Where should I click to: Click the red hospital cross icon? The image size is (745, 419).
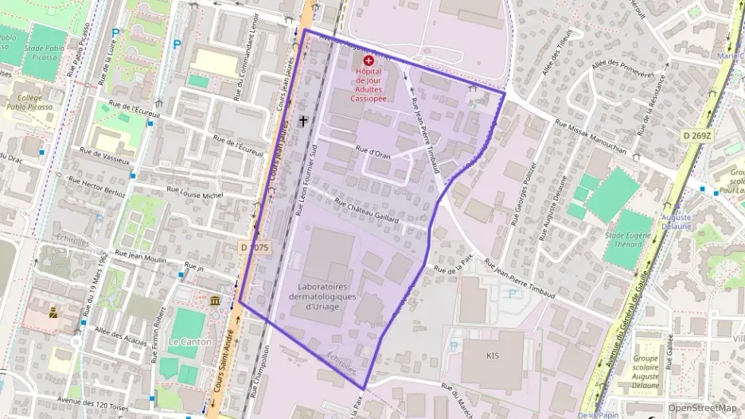[368, 60]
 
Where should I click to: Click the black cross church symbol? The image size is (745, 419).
[302, 121]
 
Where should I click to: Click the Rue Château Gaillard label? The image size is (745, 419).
[367, 210]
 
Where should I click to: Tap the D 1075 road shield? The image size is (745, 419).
[255, 248]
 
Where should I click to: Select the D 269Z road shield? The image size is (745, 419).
[697, 135]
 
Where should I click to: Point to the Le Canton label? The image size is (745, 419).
[189, 342]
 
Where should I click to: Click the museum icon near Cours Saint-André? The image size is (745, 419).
[215, 301]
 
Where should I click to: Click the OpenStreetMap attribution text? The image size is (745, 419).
[702, 408]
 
